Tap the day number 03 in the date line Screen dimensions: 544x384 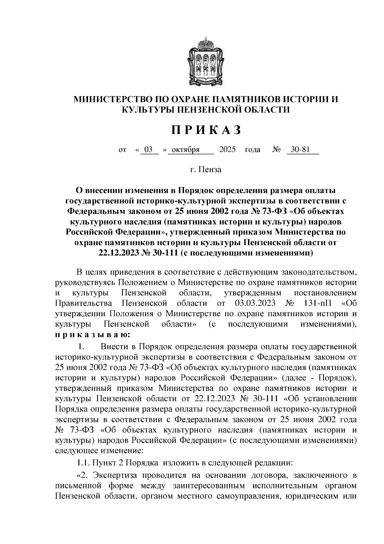pos(148,150)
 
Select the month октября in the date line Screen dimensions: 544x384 pos(186,150)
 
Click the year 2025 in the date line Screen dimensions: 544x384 pos(227,150)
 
